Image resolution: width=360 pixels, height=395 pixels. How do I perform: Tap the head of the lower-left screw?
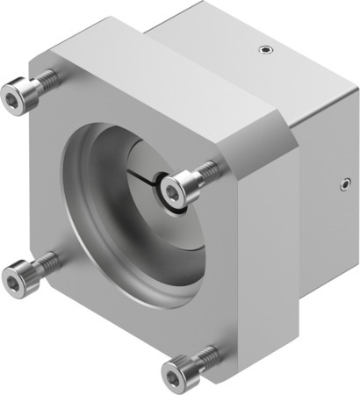pyautogui.click(x=18, y=274)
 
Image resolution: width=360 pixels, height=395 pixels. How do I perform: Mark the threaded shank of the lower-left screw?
pyautogui.click(x=44, y=263)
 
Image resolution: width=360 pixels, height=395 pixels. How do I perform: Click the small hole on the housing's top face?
pyautogui.click(x=261, y=51)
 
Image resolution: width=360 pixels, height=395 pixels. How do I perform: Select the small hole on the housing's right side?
pyautogui.click(x=342, y=184)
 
